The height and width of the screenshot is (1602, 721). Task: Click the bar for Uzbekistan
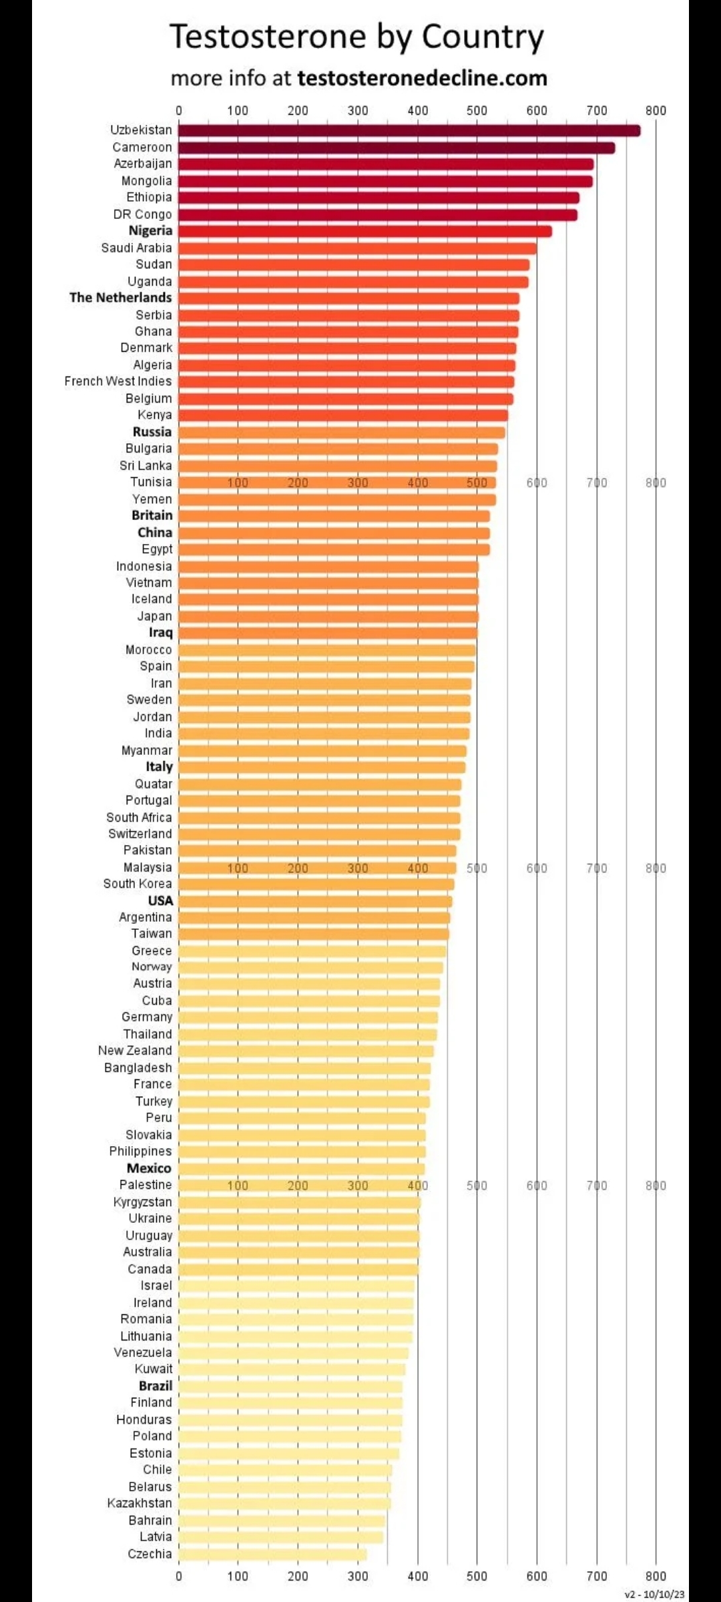point(409,131)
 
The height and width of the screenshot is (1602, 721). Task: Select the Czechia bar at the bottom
point(272,1554)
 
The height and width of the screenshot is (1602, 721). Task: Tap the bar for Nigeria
point(365,232)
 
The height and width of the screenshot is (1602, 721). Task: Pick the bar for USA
point(315,901)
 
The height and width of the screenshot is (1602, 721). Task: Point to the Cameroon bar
point(397,148)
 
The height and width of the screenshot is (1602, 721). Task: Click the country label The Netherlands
point(121,298)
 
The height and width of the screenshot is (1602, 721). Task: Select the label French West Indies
point(118,381)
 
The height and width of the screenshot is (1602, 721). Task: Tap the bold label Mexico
point(149,1168)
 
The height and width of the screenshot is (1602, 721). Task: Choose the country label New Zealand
point(135,1051)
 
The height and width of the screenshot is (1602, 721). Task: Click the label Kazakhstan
point(140,1503)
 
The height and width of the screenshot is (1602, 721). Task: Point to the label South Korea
point(138,884)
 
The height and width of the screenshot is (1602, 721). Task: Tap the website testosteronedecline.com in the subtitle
point(422,78)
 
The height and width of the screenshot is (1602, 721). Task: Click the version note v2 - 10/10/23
point(654,1595)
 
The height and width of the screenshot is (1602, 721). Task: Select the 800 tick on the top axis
point(656,111)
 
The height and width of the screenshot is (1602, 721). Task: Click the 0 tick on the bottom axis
point(178,1577)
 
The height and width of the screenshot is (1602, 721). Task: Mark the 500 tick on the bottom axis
point(477,1577)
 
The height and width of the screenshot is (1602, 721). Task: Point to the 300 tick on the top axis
point(358,111)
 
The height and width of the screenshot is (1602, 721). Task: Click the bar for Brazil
point(290,1386)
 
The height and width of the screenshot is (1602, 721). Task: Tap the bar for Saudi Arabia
point(357,248)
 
